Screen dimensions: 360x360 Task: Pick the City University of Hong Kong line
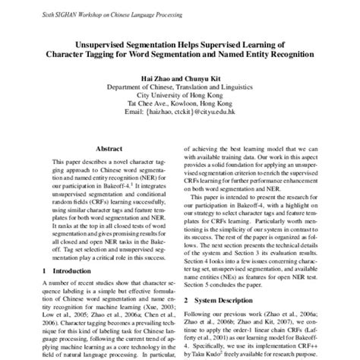click(x=180, y=96)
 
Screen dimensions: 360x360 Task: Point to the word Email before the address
click(x=135, y=116)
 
